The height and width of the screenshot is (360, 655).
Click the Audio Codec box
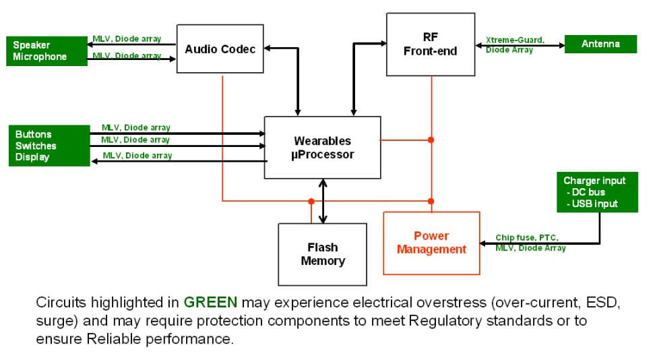pos(220,49)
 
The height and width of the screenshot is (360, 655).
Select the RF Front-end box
pos(429,44)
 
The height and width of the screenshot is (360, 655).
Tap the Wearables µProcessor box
pos(322,148)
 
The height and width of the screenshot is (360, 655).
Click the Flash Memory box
pos(322,254)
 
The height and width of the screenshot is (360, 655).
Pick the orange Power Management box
pos(431,243)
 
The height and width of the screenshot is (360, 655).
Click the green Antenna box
pos(600,44)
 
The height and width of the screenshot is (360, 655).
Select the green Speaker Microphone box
pos(46,51)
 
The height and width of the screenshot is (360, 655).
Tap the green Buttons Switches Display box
pos(49,146)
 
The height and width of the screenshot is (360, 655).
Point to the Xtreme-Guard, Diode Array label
pos(514,45)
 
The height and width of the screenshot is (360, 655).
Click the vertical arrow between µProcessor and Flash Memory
pos(323,201)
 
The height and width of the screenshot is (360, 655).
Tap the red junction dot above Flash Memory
pos(311,201)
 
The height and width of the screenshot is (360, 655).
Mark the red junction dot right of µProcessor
pos(431,140)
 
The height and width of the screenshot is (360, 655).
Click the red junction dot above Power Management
pos(431,201)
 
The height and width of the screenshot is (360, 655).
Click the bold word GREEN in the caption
pos(210,302)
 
